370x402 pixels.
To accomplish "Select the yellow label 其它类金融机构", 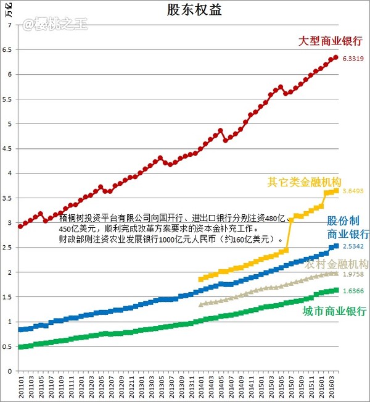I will tap(305, 182).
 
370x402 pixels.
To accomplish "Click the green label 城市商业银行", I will tap(334, 311).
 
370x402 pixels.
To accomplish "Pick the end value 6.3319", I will tap(353, 59).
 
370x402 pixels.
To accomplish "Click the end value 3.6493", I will tap(353, 191).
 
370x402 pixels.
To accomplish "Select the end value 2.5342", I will tap(353, 246).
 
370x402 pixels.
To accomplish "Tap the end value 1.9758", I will tap(353, 274).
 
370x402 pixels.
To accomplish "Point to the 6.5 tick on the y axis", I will tap(9, 50).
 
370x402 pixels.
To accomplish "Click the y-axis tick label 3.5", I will tap(9, 198).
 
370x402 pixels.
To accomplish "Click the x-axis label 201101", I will tap(21, 387).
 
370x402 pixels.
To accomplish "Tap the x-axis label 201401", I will tap(200, 387).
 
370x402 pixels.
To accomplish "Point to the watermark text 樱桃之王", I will tap(47, 25).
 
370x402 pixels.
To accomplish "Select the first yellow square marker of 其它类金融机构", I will tap(200, 279).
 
